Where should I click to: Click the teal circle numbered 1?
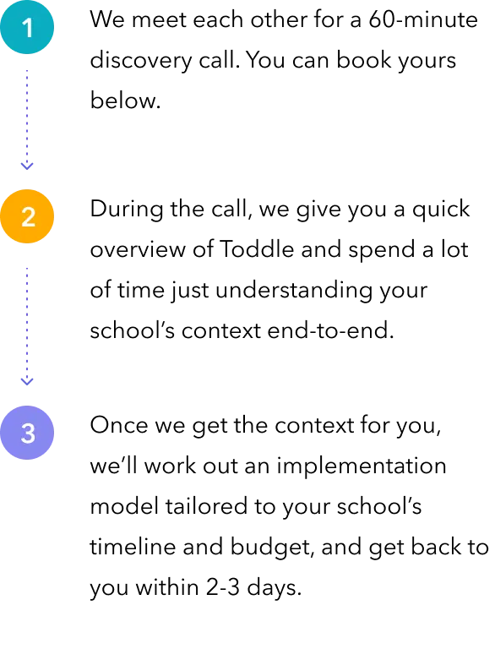[27, 27]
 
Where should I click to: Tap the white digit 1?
[27, 28]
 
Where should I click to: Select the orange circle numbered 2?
[27, 216]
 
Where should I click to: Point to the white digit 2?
[28, 217]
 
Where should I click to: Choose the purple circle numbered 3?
[27, 433]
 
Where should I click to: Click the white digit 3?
[28, 434]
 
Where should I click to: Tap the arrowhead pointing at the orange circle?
[27, 166]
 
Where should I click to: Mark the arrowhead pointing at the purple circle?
[27, 381]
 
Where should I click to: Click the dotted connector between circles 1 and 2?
[27, 118]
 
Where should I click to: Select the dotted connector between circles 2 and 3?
[27, 321]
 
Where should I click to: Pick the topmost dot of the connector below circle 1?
[27, 71]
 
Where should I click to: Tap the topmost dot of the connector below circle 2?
[27, 267]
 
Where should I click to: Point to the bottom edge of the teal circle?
[27, 52]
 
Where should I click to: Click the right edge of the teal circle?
[52, 27]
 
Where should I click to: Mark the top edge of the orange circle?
[27, 191]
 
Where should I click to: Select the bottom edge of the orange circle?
[27, 242]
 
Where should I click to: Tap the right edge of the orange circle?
[52, 216]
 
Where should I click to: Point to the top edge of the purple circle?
[27, 407]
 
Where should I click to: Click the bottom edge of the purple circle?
[27, 458]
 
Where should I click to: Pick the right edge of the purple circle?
[52, 433]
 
